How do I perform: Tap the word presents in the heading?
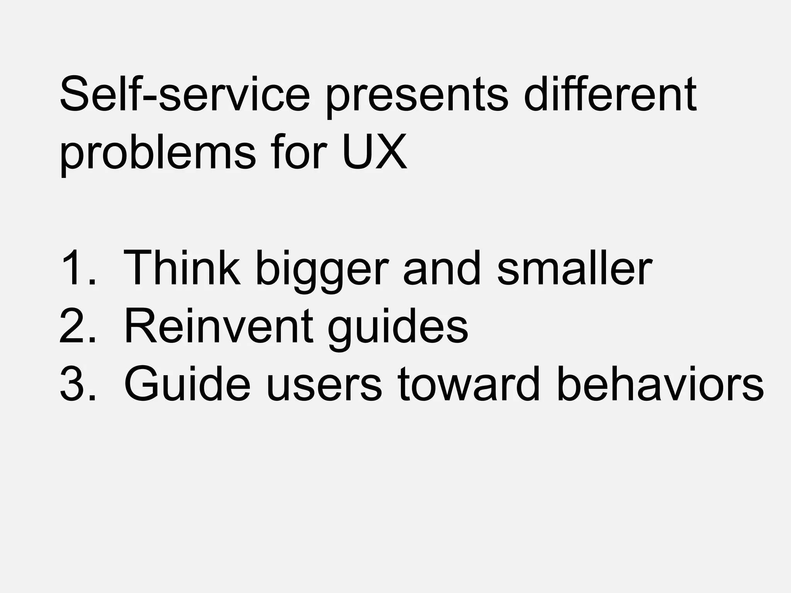pyautogui.click(x=417, y=97)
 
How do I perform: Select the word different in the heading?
pyautogui.click(x=610, y=94)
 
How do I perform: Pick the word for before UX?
pyautogui.click(x=299, y=151)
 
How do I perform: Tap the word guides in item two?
pyautogui.click(x=398, y=328)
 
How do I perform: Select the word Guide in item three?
pyautogui.click(x=187, y=384)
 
